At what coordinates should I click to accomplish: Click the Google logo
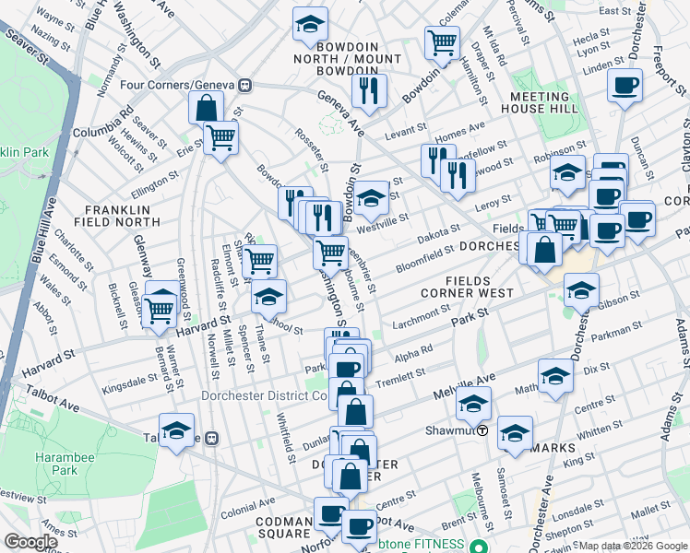click(x=30, y=542)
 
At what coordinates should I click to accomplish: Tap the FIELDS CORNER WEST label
click(x=493, y=286)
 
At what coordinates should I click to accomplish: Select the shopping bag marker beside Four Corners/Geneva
click(x=206, y=107)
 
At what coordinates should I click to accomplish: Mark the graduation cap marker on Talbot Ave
click(x=175, y=430)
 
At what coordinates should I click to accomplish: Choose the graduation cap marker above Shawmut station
click(x=473, y=403)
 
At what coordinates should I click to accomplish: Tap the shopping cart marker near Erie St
click(x=220, y=138)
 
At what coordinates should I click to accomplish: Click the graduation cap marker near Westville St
click(x=371, y=196)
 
